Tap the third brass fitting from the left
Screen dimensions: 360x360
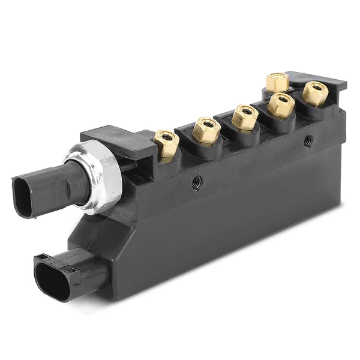pos(244,117)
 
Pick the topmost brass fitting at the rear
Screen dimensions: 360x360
pos(278,82)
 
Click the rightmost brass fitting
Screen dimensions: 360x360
pos(315,93)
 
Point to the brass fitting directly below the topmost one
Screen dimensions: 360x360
pos(281,105)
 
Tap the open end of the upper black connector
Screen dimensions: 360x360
pos(23,197)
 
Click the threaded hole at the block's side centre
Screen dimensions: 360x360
pos(196,182)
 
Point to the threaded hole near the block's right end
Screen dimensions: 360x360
pos(308,141)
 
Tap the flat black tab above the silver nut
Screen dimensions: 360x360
pos(114,139)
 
